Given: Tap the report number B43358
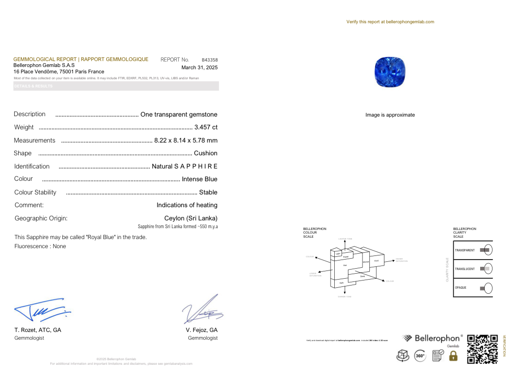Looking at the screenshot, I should coord(210,60).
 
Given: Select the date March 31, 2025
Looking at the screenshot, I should coord(199,67).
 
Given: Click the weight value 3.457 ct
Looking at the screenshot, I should coord(206,127).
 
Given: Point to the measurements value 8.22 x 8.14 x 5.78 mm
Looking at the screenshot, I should coord(186,140).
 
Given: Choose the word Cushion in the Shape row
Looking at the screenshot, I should coord(206,153).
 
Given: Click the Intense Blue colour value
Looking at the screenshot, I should coord(199,179).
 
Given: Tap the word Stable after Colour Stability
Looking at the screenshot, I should coord(208,193).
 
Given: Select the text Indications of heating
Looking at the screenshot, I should coord(187,205).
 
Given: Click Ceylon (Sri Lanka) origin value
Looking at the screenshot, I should coord(191,218).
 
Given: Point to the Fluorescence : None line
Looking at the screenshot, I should coord(40,246).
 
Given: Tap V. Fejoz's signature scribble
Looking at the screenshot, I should coord(203,310).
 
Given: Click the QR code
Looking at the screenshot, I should coord(482,349).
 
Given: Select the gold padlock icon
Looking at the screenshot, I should coord(453,356).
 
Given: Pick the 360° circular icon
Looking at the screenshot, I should coord(420,356).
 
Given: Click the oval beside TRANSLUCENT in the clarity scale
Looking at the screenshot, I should coord(487,269).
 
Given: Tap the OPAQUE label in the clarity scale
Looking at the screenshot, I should coord(461,288).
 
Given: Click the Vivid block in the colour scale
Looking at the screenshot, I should coord(376,260).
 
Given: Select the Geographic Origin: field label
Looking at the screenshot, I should coord(41,218).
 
